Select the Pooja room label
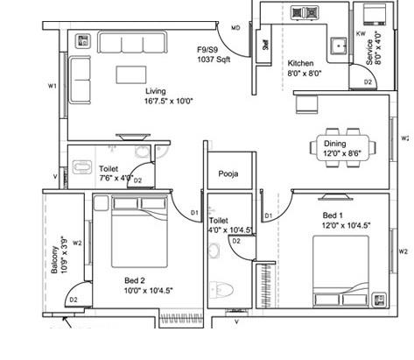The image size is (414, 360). (x=229, y=173)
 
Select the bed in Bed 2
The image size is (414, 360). (x=142, y=229)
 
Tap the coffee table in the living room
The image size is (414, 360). (x=132, y=72)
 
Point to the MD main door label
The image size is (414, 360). (x=235, y=29)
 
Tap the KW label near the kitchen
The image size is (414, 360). (x=361, y=34)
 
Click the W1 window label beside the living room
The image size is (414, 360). (x=53, y=86)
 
